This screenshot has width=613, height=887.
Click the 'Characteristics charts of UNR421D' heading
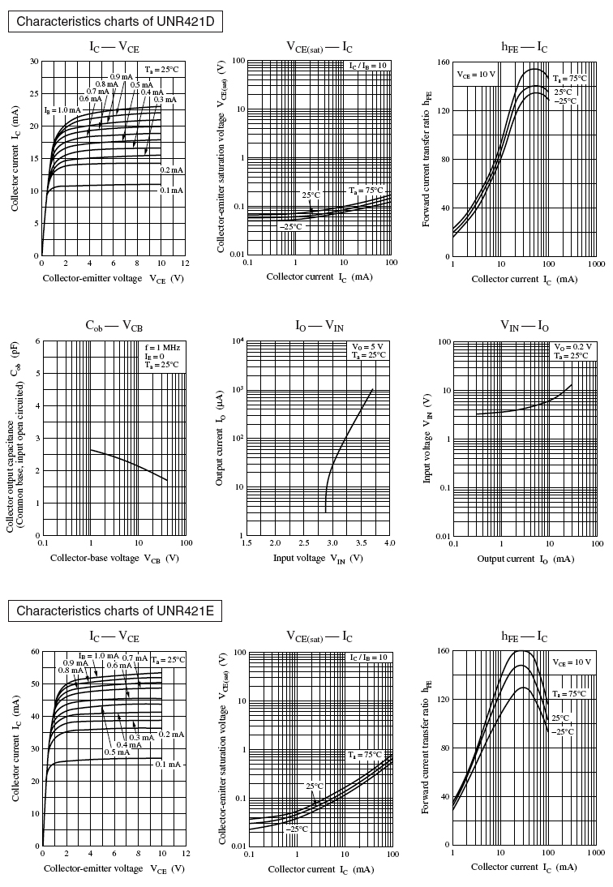[114, 22]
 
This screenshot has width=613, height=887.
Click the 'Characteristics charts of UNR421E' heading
[114, 611]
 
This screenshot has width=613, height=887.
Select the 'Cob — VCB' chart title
[114, 326]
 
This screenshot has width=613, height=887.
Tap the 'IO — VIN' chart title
[319, 326]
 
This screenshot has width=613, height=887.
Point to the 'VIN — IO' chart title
[525, 326]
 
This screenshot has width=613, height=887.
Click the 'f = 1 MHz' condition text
[162, 347]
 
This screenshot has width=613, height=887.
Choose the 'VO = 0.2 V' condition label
[572, 347]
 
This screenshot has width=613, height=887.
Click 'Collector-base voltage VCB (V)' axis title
[114, 558]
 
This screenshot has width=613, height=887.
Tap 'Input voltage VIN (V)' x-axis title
[319, 558]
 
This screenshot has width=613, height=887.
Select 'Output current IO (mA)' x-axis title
[525, 558]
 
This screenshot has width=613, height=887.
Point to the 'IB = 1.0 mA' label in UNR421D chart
[62, 109]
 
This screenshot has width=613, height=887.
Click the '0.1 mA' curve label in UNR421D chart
[172, 190]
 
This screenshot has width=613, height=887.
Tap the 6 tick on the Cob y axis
[36, 341]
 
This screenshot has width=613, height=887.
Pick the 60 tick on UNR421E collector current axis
[35, 651]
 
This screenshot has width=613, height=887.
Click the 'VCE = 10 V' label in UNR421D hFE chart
[475, 74]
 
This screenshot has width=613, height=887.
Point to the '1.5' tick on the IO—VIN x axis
[246, 542]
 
